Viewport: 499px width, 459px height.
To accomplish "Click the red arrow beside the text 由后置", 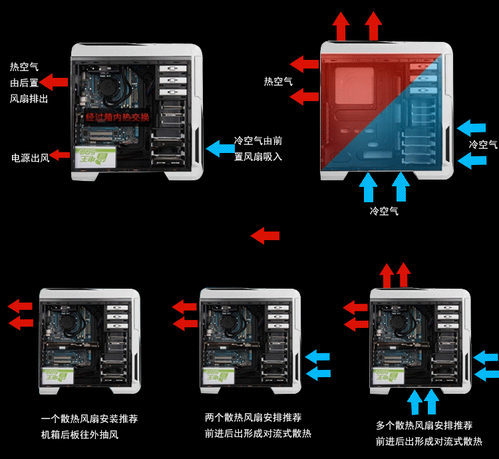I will point(55,83).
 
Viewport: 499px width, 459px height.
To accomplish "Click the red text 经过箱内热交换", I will point(118,118).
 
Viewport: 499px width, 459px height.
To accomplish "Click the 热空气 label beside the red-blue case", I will point(278,81).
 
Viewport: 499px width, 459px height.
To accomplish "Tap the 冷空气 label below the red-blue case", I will point(384,211).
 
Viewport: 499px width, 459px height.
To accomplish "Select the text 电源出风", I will point(30,158).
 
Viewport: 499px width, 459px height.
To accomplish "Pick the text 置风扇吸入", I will point(258,157).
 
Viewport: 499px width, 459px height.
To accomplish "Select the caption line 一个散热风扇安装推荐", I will point(89,419).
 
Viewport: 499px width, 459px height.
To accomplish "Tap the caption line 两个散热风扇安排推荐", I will point(253,418).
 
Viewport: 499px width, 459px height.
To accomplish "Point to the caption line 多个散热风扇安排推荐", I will point(424,426).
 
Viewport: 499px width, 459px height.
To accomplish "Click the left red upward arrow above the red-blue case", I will point(341,27).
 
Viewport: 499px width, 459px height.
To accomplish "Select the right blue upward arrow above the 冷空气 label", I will point(401,187).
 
